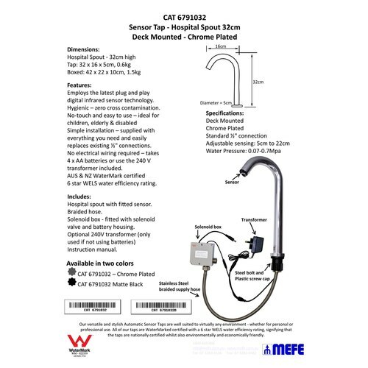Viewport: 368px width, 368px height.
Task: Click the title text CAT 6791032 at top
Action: coord(183,14)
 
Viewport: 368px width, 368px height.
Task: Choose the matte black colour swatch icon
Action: coord(71,283)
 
